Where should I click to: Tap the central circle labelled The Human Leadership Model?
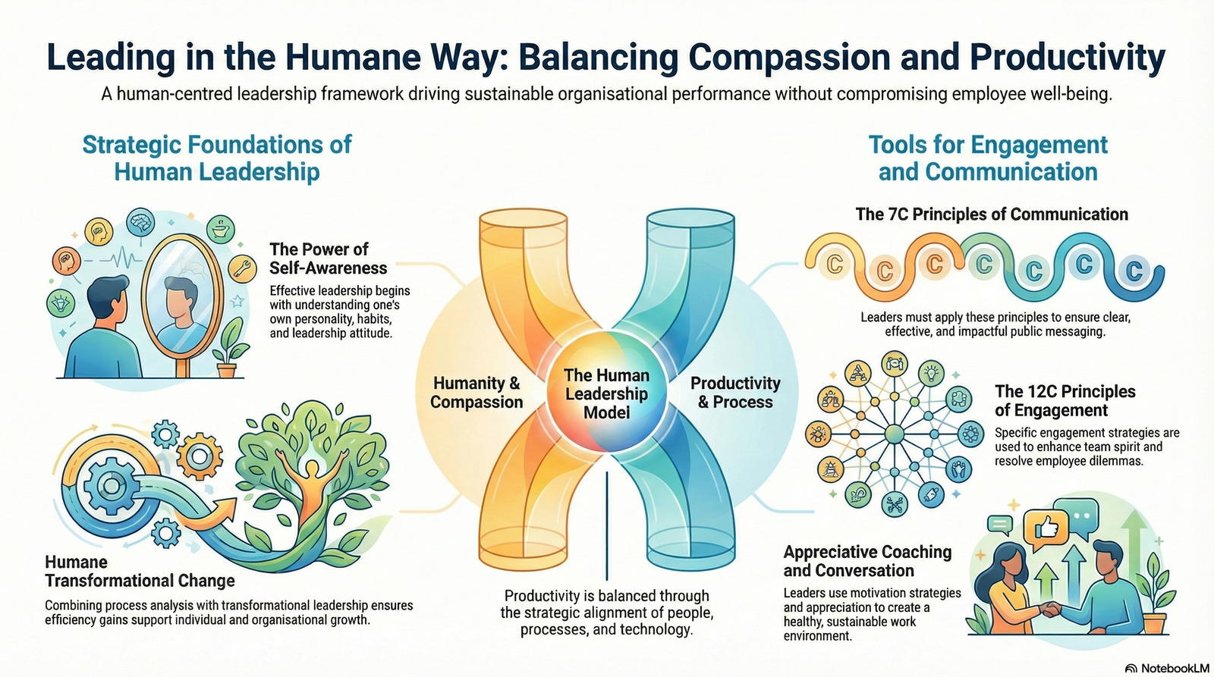click(606, 393)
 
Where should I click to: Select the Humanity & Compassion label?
click(476, 393)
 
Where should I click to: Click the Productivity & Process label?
click(735, 393)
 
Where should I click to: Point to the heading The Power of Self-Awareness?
click(329, 259)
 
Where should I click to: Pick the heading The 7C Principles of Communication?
click(992, 215)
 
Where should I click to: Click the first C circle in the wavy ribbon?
click(835, 265)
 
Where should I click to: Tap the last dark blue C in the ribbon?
click(1134, 270)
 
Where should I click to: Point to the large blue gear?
click(112, 485)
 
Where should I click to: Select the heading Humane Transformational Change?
click(140, 572)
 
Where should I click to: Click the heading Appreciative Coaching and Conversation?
click(868, 561)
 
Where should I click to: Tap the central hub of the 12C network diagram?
click(895, 434)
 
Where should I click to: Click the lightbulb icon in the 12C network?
click(931, 373)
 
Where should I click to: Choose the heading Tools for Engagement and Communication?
click(988, 158)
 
